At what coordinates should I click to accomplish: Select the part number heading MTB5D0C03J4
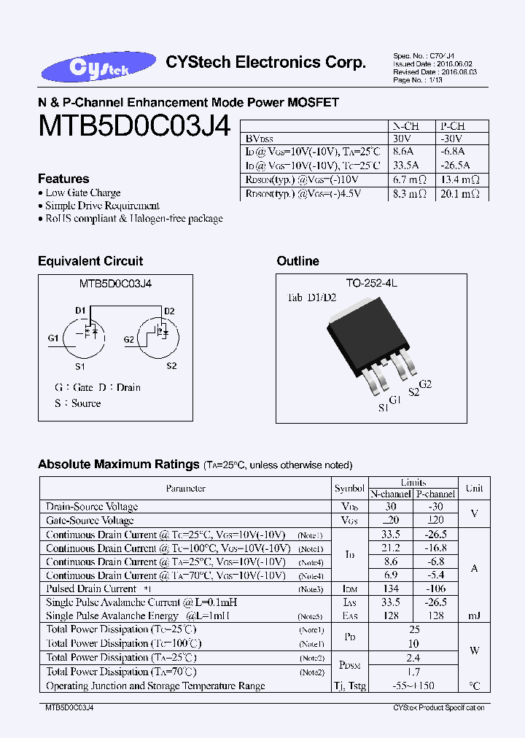click(134, 128)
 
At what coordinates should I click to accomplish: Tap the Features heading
click(63, 179)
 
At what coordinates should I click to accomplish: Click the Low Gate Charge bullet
click(83, 193)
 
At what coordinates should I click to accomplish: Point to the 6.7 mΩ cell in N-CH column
click(408, 179)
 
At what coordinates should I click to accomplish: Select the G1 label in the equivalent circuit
click(53, 338)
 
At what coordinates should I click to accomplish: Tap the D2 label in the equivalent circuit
click(169, 311)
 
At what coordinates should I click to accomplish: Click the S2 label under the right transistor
click(171, 365)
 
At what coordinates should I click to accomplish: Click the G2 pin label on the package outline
click(426, 384)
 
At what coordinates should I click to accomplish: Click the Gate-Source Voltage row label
click(90, 521)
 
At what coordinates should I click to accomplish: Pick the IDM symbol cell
click(350, 589)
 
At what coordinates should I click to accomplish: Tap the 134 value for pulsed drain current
click(392, 589)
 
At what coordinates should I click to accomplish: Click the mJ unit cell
click(474, 616)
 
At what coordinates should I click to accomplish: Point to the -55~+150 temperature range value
click(413, 686)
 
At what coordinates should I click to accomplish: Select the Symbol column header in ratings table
click(349, 489)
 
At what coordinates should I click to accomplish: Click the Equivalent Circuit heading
click(90, 261)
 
